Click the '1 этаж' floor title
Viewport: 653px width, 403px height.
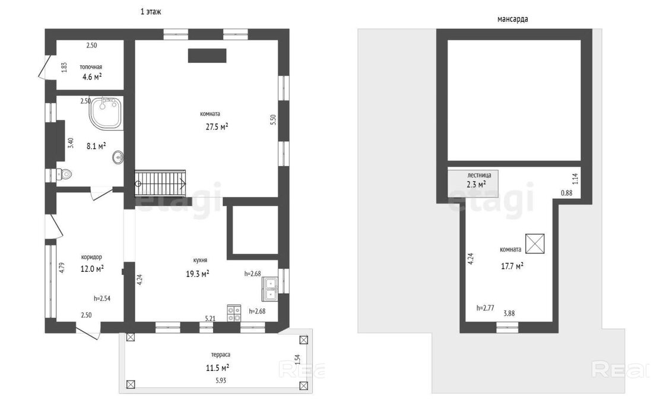point(151,12)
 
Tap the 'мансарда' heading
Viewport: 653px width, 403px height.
point(513,19)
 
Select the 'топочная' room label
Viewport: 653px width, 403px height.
point(91,66)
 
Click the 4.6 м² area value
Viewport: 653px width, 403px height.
point(92,77)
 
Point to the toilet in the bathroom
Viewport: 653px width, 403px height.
point(64,174)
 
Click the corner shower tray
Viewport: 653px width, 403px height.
point(106,113)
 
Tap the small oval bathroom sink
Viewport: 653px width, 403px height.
point(118,157)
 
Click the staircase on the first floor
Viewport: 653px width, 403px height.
point(160,182)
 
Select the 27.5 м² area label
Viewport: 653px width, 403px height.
point(217,126)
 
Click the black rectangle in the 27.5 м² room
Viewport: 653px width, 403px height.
point(207,56)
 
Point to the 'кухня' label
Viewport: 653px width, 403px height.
point(200,260)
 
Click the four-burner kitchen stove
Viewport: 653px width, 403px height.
point(234,313)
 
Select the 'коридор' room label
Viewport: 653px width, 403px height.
point(91,257)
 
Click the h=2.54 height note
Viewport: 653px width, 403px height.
point(102,298)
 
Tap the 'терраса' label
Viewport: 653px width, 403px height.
point(221,355)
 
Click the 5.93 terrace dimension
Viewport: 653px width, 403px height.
point(221,380)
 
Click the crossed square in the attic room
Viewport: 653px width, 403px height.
point(535,243)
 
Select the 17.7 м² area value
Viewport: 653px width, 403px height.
point(512,266)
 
